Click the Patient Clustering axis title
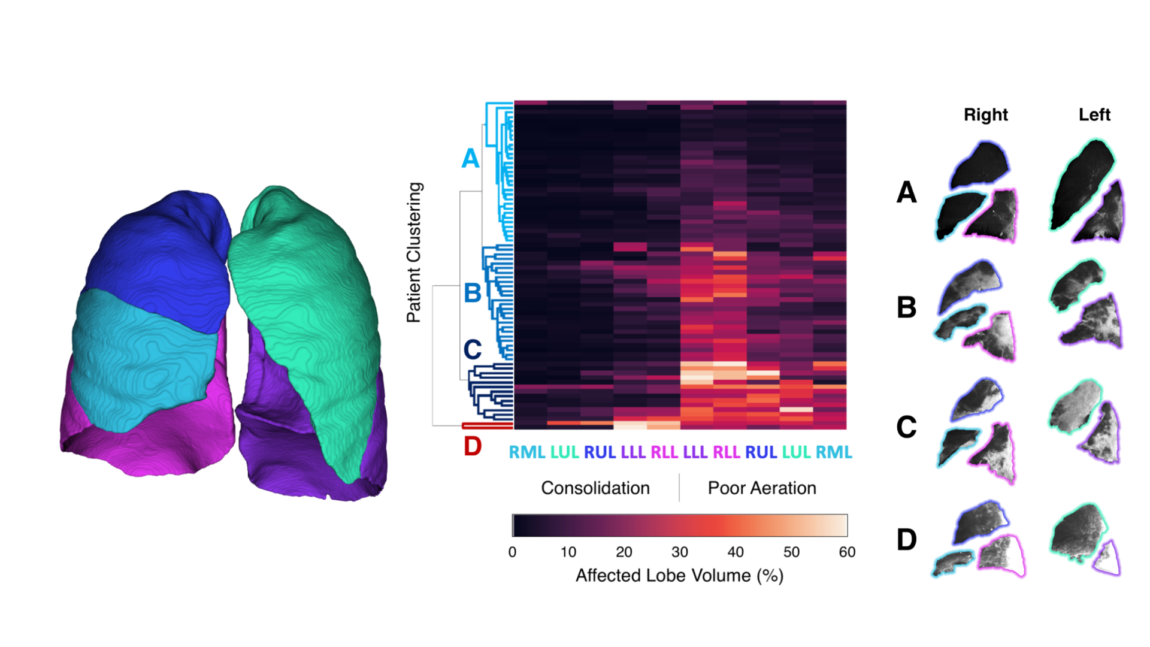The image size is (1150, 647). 414,252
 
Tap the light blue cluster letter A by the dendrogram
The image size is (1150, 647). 470,159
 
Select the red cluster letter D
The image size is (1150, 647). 473,446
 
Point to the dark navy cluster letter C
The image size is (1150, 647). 473,349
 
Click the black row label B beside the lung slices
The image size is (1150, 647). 906,307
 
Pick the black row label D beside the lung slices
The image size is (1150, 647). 906,540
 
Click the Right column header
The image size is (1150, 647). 985,114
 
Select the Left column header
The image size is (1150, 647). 1094,114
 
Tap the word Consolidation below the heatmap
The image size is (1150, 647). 595,488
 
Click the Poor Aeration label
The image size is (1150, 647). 762,488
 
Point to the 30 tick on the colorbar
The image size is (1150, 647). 679,552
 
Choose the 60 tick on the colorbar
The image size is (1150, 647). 847,552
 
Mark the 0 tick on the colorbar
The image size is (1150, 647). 512,552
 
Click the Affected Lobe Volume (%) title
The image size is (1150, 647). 679,576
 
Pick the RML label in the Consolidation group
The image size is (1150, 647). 526,452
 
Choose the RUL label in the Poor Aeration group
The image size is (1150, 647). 761,452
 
